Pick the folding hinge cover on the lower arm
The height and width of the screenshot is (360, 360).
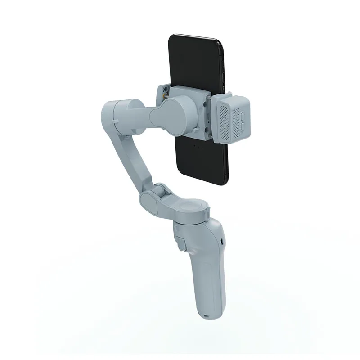pos(153,198)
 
